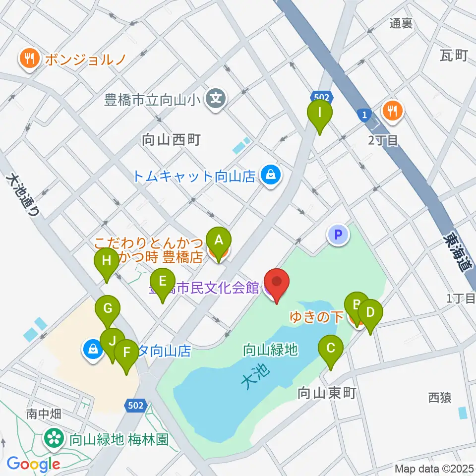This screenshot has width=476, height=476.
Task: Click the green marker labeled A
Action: (219, 241)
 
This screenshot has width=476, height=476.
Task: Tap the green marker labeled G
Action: (108, 310)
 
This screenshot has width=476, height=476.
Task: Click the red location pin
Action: (276, 284)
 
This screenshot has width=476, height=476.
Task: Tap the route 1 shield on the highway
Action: (365, 115)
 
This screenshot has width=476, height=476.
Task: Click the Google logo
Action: (33, 464)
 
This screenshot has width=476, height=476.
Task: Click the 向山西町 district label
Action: (171, 140)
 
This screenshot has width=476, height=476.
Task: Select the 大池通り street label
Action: (23, 195)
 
